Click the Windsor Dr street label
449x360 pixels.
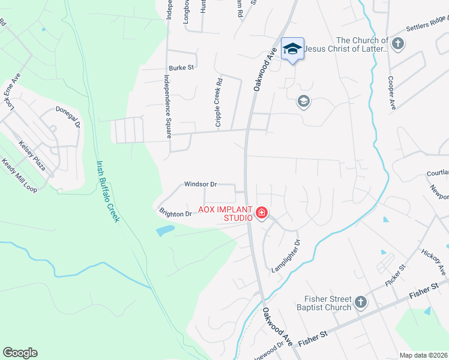click(200, 184)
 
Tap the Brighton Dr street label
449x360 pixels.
click(175, 213)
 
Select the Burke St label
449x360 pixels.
click(181, 68)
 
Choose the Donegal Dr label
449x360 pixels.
click(68, 117)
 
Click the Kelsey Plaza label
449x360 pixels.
click(32, 155)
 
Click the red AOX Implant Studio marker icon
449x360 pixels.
click(262, 213)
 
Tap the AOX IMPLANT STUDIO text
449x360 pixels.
click(238, 214)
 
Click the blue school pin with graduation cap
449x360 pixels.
click(292, 49)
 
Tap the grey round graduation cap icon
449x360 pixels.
click(303, 101)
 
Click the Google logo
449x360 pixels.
click(20, 353)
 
